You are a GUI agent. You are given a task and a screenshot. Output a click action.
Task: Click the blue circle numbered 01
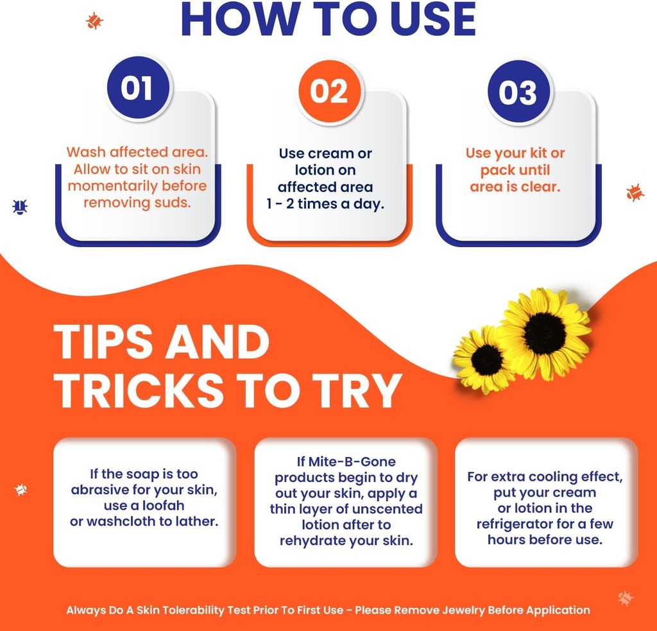click(x=139, y=88)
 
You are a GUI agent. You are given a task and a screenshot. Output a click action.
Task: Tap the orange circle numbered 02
click(x=329, y=91)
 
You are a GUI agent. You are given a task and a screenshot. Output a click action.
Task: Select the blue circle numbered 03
click(x=518, y=92)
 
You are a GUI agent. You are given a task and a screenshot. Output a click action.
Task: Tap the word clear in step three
click(x=539, y=187)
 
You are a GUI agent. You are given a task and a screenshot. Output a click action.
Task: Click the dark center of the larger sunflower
click(x=544, y=333)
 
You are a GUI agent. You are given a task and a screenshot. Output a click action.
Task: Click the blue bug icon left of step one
click(x=20, y=207)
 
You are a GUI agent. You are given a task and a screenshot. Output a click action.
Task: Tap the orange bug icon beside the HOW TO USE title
click(x=94, y=21)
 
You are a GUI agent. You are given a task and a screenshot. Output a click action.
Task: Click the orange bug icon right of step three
click(x=635, y=192)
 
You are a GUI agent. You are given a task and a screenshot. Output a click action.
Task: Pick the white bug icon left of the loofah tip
click(x=21, y=489)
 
